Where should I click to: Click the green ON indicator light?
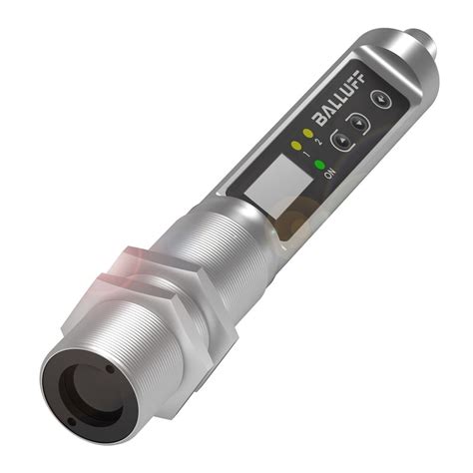pos(320,164)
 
